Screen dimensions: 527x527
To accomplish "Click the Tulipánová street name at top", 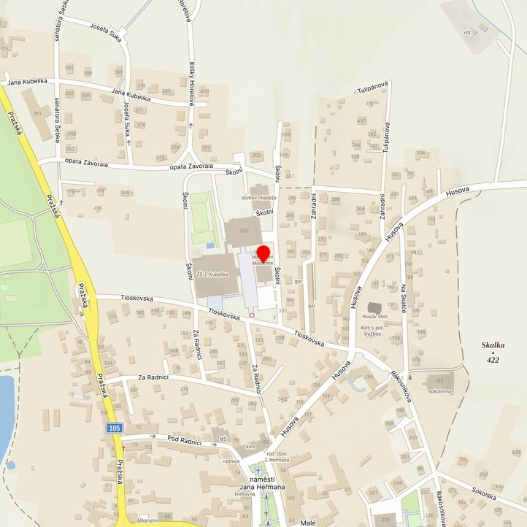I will click(x=372, y=91).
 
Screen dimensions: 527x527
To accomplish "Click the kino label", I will click(x=250, y=446).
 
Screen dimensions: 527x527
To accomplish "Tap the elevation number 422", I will click(x=494, y=360).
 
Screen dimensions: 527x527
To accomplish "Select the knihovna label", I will click(x=245, y=494).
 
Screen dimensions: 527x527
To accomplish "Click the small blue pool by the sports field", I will click(x=210, y=245).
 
